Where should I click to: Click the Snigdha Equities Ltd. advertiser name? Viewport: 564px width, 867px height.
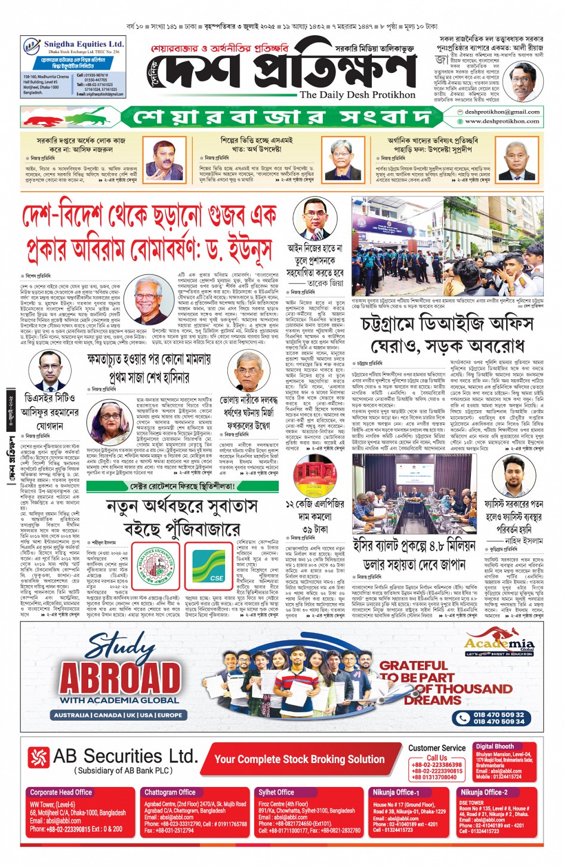tap(84, 44)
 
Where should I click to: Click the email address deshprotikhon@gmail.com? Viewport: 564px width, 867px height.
tap(502, 112)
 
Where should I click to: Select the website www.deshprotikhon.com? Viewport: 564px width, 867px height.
tap(502, 121)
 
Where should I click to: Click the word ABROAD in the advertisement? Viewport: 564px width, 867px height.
tap(120, 678)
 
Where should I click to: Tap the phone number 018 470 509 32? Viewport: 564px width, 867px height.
tap(499, 714)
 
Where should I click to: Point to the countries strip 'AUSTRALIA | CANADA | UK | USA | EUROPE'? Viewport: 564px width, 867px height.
tap(118, 715)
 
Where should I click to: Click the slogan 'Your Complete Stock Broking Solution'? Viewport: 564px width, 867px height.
tap(299, 759)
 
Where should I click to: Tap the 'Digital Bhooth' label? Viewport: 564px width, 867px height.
tap(495, 746)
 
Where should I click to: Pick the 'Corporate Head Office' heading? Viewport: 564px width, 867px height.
tap(61, 792)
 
